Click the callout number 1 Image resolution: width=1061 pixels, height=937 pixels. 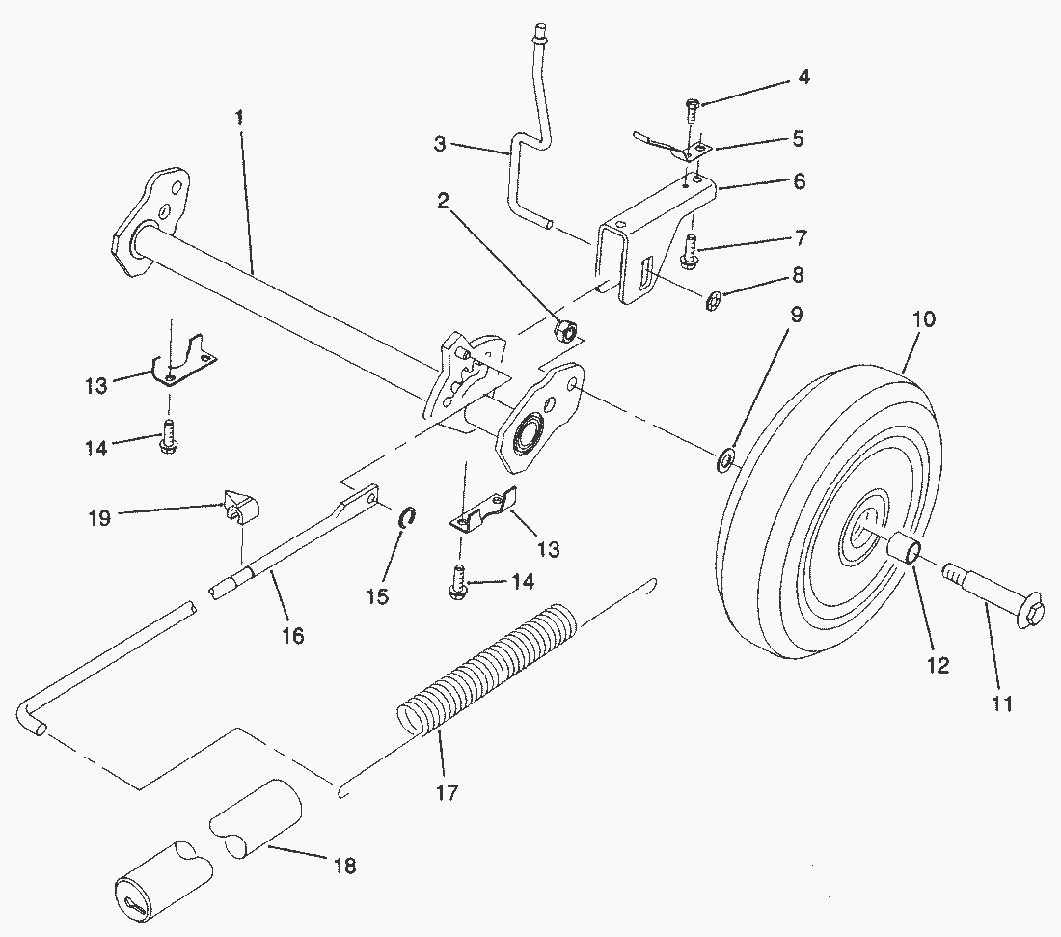coord(238,118)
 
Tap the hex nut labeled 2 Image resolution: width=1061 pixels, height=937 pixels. coord(564,330)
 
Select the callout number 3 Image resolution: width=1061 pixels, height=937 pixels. coord(440,144)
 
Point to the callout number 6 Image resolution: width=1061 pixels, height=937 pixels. coord(800,180)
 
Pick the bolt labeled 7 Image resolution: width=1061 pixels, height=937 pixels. coord(689,248)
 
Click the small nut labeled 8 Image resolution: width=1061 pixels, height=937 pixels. coord(713,301)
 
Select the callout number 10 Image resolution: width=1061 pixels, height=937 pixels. coord(924,318)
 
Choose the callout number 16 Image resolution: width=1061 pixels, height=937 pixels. coord(293,636)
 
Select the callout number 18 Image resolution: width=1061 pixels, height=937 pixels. coord(345,866)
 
